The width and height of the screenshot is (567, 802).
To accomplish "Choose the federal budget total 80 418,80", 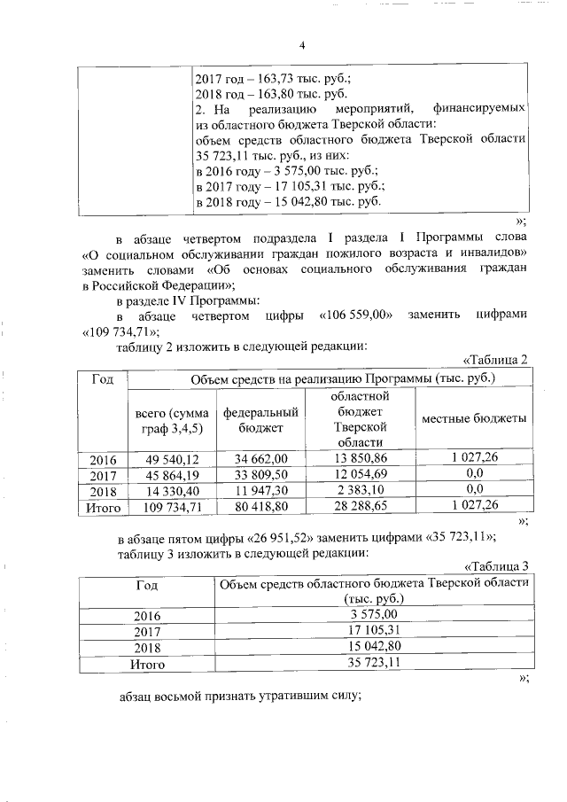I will pos(260,506).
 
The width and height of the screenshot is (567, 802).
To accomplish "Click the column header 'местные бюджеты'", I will pos(473,418).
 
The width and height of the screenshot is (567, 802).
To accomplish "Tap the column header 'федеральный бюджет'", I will pos(260,420).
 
